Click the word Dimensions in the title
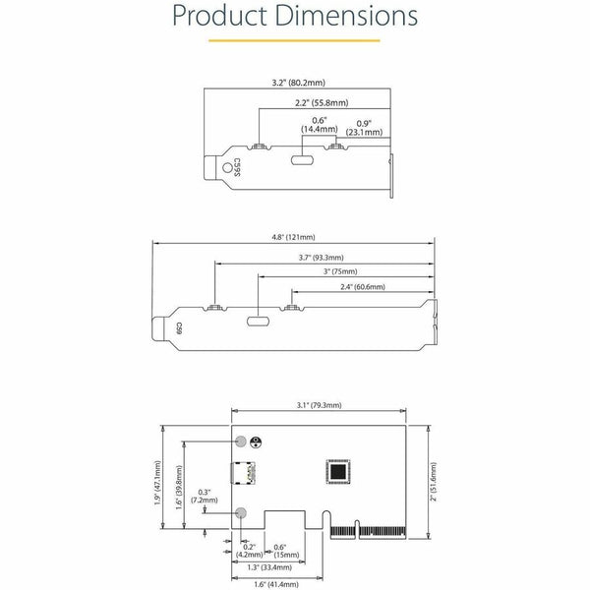[346, 16]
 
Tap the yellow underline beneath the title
[294, 40]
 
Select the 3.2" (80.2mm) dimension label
[298, 83]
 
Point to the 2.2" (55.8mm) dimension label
[322, 102]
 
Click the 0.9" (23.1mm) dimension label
[364, 128]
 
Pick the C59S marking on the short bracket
[237, 167]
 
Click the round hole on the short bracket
[227, 168]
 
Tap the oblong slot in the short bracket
[302, 160]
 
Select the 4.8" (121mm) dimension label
[293, 237]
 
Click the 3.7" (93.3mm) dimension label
[321, 258]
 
